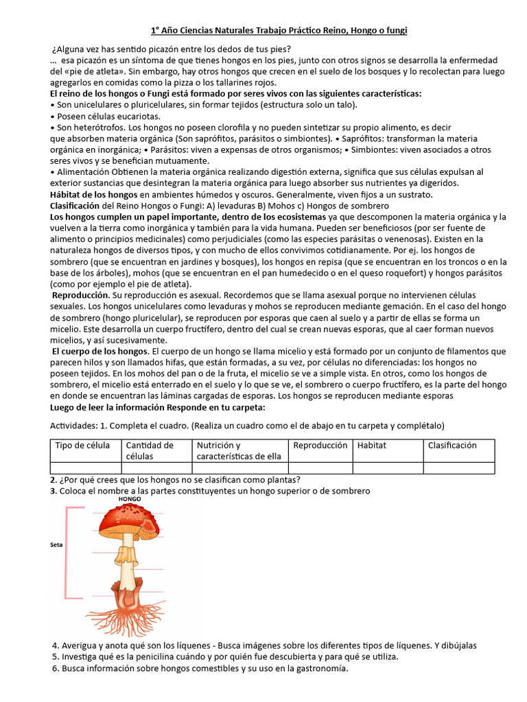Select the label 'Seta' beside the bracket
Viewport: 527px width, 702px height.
tap(58, 546)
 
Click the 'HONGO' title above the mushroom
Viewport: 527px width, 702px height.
tap(130, 499)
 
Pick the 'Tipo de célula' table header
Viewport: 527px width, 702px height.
tap(82, 445)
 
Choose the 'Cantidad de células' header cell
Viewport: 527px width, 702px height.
tap(150, 450)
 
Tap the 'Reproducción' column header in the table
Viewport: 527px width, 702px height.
tap(320, 445)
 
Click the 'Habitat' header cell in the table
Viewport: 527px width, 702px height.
tap(371, 445)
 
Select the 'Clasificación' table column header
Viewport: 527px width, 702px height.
tap(452, 445)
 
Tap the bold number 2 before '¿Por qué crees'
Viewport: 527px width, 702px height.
tap(54, 479)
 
